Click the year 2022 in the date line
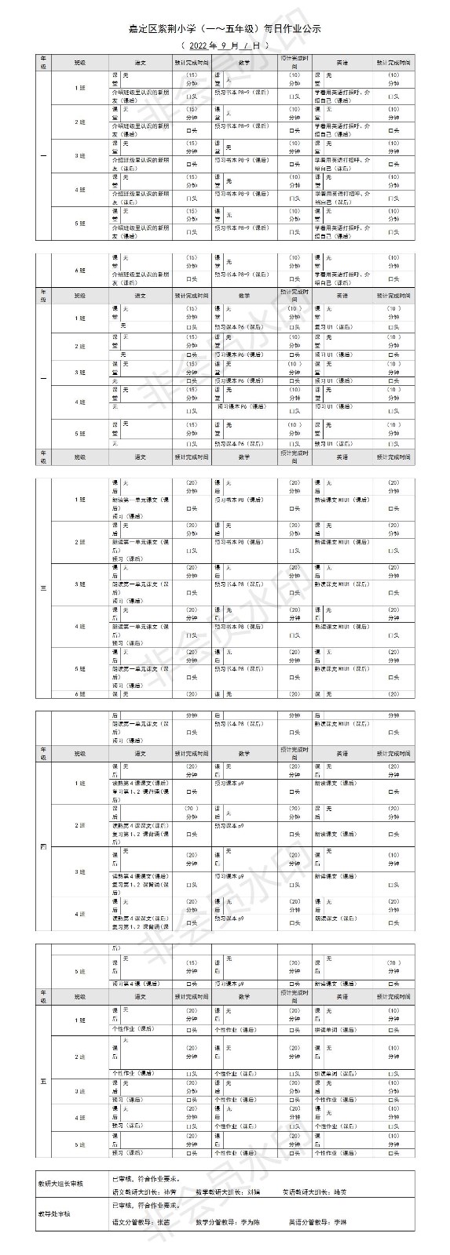click(198, 45)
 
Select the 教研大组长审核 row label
click(60, 1182)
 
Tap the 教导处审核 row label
click(54, 1213)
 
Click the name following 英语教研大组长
click(339, 1191)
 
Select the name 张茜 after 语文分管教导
click(163, 1222)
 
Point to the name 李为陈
click(251, 1222)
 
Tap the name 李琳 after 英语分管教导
click(339, 1222)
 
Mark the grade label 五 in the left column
click(43, 1082)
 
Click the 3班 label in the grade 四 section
click(79, 871)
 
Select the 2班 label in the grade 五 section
click(79, 1057)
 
